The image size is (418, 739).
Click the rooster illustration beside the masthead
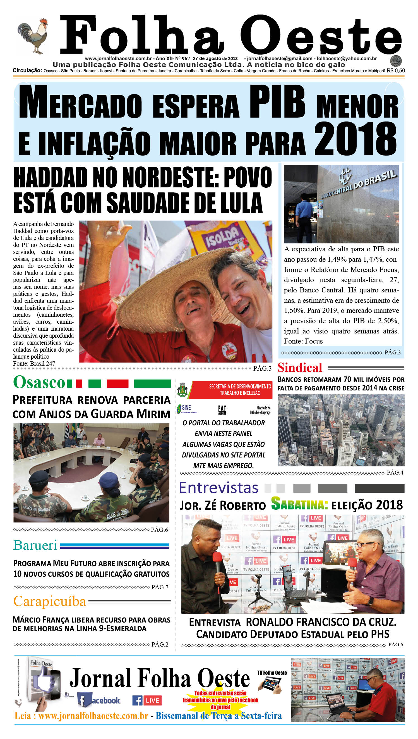pyautogui.click(x=32, y=36)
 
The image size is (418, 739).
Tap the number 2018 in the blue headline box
pyautogui.click(x=355, y=139)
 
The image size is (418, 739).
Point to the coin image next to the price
pyautogui.click(x=396, y=61)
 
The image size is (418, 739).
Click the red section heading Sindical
pyautogui.click(x=300, y=368)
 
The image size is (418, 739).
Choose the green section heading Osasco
pyautogui.click(x=39, y=382)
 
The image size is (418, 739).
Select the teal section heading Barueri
pyautogui.click(x=35, y=545)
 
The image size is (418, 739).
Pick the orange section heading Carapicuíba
pyautogui.click(x=50, y=601)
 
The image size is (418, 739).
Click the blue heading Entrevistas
pyautogui.click(x=218, y=488)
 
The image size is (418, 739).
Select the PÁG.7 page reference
pyautogui.click(x=160, y=587)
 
